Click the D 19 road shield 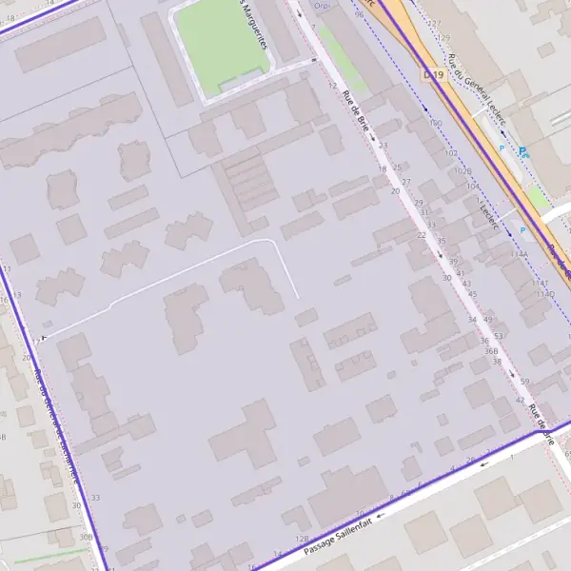[x=433, y=74]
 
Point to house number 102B [x=463, y=171]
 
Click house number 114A [x=519, y=254]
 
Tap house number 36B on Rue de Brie [x=491, y=351]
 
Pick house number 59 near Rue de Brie [x=524, y=382]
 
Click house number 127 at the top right [x=435, y=23]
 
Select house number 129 [x=444, y=38]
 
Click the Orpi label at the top [x=322, y=6]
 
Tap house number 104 [x=472, y=187]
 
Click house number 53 [x=499, y=336]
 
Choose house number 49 [x=489, y=319]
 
